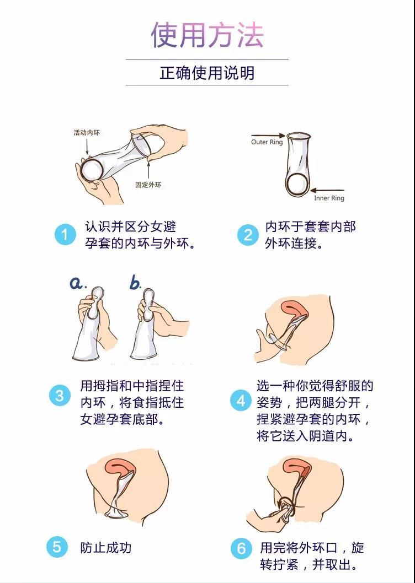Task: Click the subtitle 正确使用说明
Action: point(207,73)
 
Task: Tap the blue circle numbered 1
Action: point(65,235)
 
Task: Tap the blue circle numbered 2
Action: point(248,235)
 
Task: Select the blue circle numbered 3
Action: point(60,396)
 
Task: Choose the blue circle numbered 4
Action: point(241,401)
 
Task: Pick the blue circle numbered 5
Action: point(57,547)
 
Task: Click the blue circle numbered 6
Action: point(241,548)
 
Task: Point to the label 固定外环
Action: point(148,185)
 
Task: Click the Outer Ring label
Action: point(267,142)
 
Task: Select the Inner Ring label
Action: point(329,198)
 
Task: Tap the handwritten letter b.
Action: point(135,283)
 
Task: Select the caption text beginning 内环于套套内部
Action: point(310,235)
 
